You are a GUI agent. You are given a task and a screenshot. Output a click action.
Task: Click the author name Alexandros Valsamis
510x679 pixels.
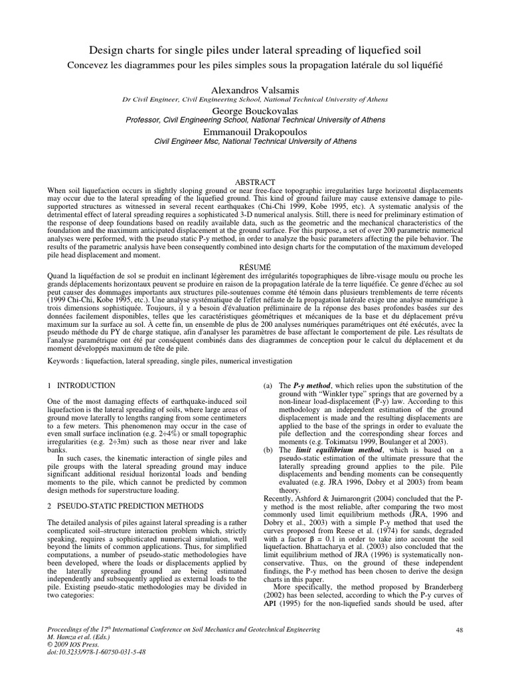coord(255,89)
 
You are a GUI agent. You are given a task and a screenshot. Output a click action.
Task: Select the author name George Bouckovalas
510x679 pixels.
coord(255,110)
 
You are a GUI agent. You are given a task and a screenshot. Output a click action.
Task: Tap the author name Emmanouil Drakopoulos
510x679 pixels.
coord(255,131)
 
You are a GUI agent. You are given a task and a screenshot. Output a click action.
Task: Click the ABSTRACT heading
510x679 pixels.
coord(255,182)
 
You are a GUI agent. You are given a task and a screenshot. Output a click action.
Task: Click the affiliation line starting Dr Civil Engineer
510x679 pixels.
coord(255,99)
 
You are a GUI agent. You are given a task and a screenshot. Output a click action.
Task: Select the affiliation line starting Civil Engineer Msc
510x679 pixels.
coord(255,141)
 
